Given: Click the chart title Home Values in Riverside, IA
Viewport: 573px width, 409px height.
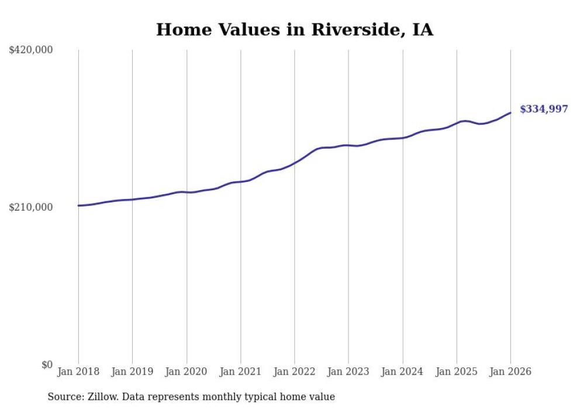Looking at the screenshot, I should tap(294, 30).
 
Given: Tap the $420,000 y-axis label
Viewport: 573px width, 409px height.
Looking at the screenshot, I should tap(31, 50).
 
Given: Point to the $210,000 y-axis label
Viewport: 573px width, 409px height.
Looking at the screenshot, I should tap(31, 208).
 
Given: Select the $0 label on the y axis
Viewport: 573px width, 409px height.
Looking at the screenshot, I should tap(47, 365).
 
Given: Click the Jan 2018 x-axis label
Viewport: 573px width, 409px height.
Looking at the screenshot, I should tap(78, 372).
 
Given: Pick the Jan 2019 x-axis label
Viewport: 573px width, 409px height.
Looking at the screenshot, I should tap(132, 372).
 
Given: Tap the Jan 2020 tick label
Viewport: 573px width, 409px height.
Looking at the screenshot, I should tap(187, 372).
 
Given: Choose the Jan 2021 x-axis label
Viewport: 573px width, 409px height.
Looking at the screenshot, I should tap(240, 372).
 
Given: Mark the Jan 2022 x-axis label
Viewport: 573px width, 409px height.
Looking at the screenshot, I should tap(295, 372).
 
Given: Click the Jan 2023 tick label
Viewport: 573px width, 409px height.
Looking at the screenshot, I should tap(348, 372).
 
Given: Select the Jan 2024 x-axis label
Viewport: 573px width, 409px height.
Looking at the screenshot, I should tap(402, 372).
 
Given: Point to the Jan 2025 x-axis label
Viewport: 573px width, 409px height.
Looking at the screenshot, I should tap(457, 372).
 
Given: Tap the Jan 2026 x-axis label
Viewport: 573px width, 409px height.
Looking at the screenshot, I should tap(510, 372).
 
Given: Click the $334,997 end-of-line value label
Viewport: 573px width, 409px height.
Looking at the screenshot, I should tap(543, 109).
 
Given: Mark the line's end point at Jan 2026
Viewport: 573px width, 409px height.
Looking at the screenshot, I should tap(510, 113).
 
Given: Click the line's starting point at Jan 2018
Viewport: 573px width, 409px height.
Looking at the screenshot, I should tap(78, 205).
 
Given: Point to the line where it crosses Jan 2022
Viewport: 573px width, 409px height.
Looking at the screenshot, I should tap(295, 163).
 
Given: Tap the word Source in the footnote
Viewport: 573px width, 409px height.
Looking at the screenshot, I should tap(64, 397).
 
